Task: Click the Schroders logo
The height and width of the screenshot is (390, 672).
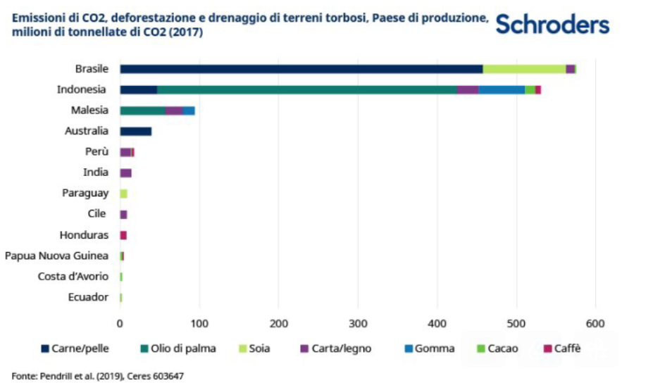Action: [552, 25]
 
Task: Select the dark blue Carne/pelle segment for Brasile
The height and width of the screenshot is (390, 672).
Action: [301, 69]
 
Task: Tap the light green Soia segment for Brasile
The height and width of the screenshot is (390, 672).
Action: [524, 69]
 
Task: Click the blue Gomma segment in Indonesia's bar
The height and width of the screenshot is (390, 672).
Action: [502, 89]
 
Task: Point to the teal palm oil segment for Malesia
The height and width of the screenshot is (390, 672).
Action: [142, 111]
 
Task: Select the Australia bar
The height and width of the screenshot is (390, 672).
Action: [135, 131]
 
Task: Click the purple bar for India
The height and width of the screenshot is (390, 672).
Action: [125, 172]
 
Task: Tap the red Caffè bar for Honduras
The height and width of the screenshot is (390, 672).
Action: [123, 235]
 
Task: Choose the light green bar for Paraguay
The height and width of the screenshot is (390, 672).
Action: [123, 194]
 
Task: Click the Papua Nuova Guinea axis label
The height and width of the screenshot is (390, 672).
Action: [56, 256]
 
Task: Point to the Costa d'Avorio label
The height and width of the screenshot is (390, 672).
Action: [73, 276]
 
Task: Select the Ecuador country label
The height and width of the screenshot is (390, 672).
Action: [88, 297]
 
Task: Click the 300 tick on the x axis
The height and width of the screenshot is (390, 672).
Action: [358, 323]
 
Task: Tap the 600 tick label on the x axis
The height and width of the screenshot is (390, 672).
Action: [595, 323]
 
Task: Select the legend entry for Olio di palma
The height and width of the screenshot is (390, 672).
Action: [182, 348]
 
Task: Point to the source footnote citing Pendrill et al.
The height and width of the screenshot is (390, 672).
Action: [98, 376]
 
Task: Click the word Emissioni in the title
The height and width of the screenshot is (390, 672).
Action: [36, 19]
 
